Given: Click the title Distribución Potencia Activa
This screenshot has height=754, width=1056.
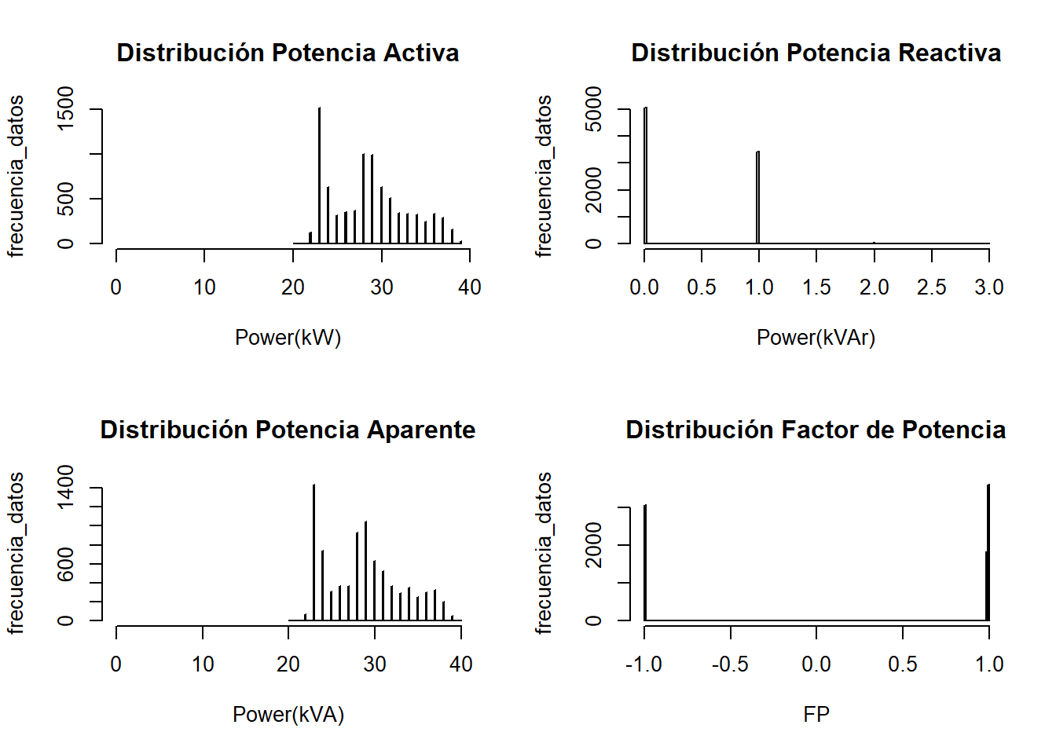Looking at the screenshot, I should coord(288,53).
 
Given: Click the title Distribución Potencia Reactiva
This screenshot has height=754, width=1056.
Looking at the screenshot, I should coord(816,53).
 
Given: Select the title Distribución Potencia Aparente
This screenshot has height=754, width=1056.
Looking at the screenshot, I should coord(288,430).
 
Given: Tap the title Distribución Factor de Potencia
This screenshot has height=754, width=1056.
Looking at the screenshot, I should coord(816,430).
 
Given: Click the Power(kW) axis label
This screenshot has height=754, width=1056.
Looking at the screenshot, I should coord(288,338).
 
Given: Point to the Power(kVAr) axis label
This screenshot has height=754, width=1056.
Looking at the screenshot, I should coord(816,338).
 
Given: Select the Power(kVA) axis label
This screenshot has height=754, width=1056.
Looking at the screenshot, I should coord(288,715).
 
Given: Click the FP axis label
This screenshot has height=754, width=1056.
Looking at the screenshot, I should coord(816,715).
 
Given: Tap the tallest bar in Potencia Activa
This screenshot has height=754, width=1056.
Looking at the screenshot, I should coord(319,177).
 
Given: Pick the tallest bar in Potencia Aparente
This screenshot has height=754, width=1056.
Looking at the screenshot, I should coord(313,554).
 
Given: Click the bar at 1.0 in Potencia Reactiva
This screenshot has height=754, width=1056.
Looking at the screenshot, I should coord(758,198).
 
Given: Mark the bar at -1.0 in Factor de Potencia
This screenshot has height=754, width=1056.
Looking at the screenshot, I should coord(645,563).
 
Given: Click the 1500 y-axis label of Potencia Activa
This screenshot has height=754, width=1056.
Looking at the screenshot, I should coord(66,108).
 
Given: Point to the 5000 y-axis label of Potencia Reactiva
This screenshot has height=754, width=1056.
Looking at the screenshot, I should coord(594,108).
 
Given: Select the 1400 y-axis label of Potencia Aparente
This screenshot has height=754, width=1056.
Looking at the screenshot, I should coord(66,486).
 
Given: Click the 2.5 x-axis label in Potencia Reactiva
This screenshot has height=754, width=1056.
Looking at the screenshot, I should coord(931,287).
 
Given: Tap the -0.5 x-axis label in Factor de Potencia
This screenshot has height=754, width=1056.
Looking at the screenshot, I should coord(730,664).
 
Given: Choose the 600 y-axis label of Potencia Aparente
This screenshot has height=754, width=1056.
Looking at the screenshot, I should coord(66,564).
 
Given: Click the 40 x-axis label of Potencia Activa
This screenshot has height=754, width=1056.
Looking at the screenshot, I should coord(470,287).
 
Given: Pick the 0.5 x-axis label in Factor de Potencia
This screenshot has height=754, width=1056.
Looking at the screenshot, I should coord(903,664).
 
